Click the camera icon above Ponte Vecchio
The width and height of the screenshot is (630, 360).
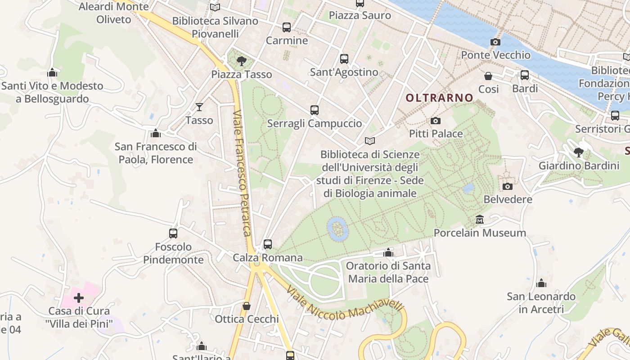tap(495, 42)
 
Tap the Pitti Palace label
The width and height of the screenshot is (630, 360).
tap(436, 134)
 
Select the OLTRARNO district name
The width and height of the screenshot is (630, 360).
tap(439, 98)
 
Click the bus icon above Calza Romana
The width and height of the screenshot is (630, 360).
tap(268, 244)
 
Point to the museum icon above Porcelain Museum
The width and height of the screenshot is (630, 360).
tap(480, 220)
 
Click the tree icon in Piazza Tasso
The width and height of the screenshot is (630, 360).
tap(242, 61)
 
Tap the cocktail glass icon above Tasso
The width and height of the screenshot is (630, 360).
tap(199, 107)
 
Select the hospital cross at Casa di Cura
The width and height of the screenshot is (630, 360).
tap(79, 297)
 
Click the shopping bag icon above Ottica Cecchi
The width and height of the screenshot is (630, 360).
tap(247, 306)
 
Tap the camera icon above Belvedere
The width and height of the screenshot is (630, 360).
tap(508, 186)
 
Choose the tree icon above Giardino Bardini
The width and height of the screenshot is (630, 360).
tap(579, 152)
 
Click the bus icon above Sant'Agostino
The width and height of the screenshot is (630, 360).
tap(344, 59)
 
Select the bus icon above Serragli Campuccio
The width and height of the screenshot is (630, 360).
tap(315, 110)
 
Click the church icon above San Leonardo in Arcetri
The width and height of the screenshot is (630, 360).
tap(541, 283)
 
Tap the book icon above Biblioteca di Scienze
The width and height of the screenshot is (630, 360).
tap(370, 141)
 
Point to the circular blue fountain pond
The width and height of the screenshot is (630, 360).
tap(337, 229)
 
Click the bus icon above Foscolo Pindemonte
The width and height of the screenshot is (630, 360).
tap(173, 234)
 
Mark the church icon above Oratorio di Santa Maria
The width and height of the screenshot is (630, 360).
tap(388, 252)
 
